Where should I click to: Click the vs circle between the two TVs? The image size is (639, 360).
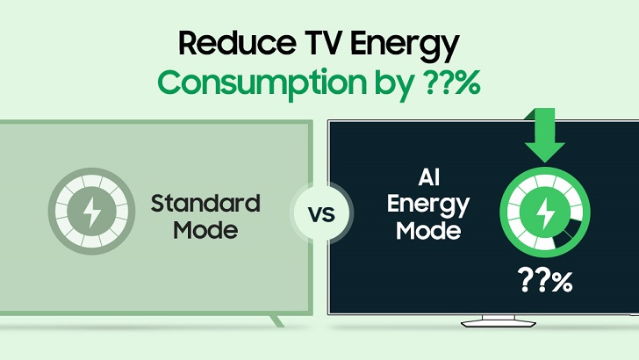[319, 215]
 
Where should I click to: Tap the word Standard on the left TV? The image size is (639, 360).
[205, 204]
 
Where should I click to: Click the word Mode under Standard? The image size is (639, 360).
[205, 231]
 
